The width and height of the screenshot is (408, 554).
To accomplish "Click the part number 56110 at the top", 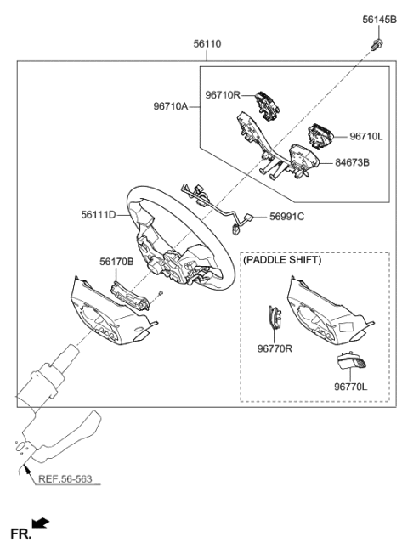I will (x=207, y=43).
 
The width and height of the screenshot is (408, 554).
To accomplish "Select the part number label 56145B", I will (x=379, y=19).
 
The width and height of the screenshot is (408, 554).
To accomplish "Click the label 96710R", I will (x=223, y=95).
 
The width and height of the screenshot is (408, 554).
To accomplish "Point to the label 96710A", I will (x=171, y=107).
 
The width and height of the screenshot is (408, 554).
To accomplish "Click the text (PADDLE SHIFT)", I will (x=282, y=261).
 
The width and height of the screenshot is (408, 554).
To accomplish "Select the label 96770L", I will (x=349, y=387).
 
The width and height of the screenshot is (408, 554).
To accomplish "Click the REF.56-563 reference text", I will (x=65, y=478).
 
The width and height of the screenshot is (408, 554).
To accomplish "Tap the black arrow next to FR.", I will (x=40, y=523).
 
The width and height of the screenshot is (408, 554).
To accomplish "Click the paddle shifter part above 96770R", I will (x=275, y=320).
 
